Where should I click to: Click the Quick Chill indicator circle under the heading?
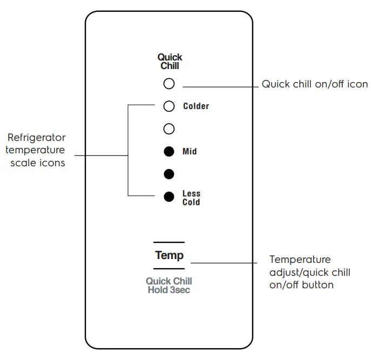click(169, 84)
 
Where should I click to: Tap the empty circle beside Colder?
click(169, 106)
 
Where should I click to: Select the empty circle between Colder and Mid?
click(169, 129)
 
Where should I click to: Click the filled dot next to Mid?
click(169, 152)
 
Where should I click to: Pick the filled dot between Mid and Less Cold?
click(169, 174)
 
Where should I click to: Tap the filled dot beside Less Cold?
click(169, 197)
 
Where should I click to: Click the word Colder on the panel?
click(196, 106)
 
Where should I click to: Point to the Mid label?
click(190, 152)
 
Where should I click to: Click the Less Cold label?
click(191, 198)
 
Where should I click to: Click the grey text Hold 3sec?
click(169, 290)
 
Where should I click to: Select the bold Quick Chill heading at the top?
click(170, 61)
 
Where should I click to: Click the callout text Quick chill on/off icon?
click(314, 84)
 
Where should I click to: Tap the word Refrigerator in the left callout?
click(37, 138)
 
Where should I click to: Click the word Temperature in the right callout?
click(300, 260)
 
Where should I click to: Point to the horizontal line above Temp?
click(169, 242)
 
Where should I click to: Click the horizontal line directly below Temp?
click(169, 269)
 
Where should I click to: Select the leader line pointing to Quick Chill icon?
click(221, 86)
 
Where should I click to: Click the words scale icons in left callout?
click(38, 162)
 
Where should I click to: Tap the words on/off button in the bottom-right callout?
click(301, 284)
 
